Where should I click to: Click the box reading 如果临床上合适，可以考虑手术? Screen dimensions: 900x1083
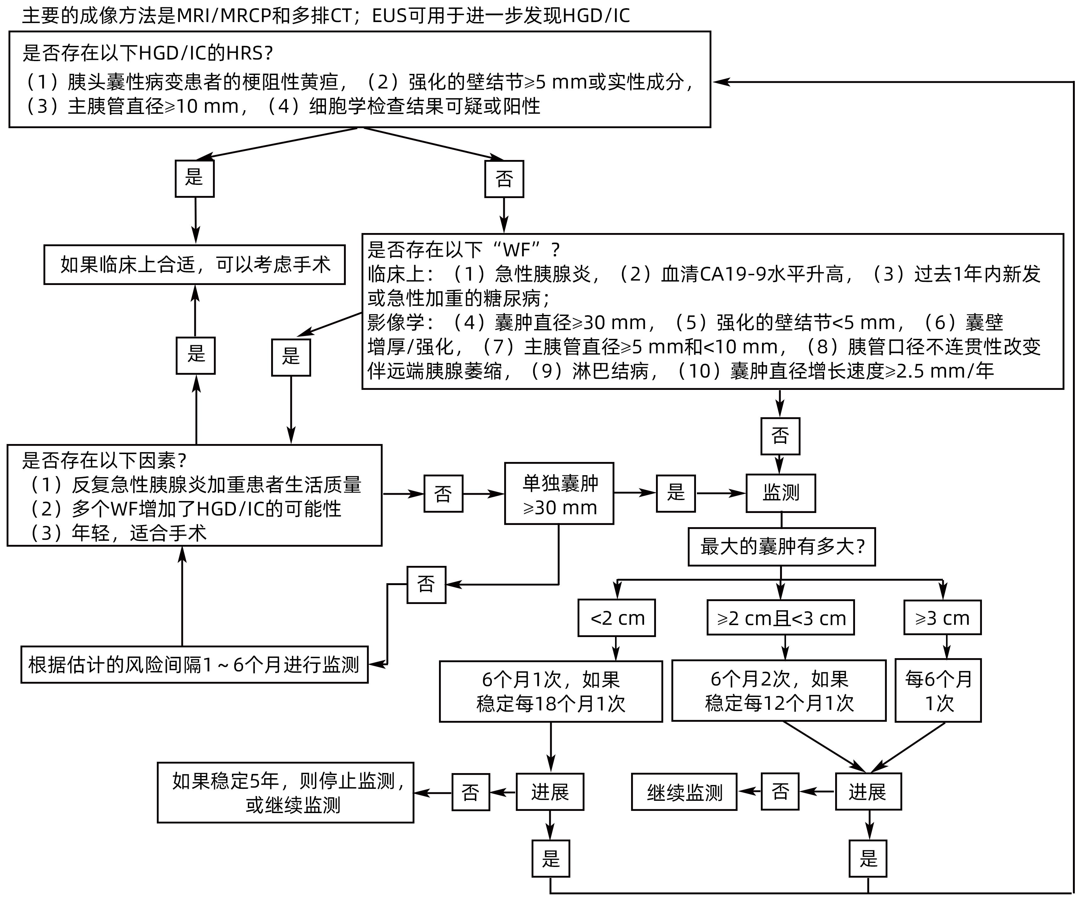(x=194, y=265)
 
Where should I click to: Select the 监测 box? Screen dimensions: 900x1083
(x=780, y=493)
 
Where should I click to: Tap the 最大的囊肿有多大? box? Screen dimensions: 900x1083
(x=781, y=547)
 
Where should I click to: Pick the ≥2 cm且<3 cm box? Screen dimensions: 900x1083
(x=780, y=618)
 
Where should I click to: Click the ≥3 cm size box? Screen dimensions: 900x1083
(x=942, y=618)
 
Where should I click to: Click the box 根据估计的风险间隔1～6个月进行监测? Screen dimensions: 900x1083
(x=194, y=665)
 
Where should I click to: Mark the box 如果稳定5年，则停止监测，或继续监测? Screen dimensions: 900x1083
(x=285, y=793)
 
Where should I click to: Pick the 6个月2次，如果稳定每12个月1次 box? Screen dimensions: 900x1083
(x=779, y=691)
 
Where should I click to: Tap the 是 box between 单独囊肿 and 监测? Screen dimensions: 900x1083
(x=675, y=493)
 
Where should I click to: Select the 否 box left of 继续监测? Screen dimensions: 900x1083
(x=780, y=792)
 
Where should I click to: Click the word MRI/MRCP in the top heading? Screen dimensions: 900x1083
(x=224, y=15)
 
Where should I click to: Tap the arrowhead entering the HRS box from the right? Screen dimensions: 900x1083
(x=718, y=82)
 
